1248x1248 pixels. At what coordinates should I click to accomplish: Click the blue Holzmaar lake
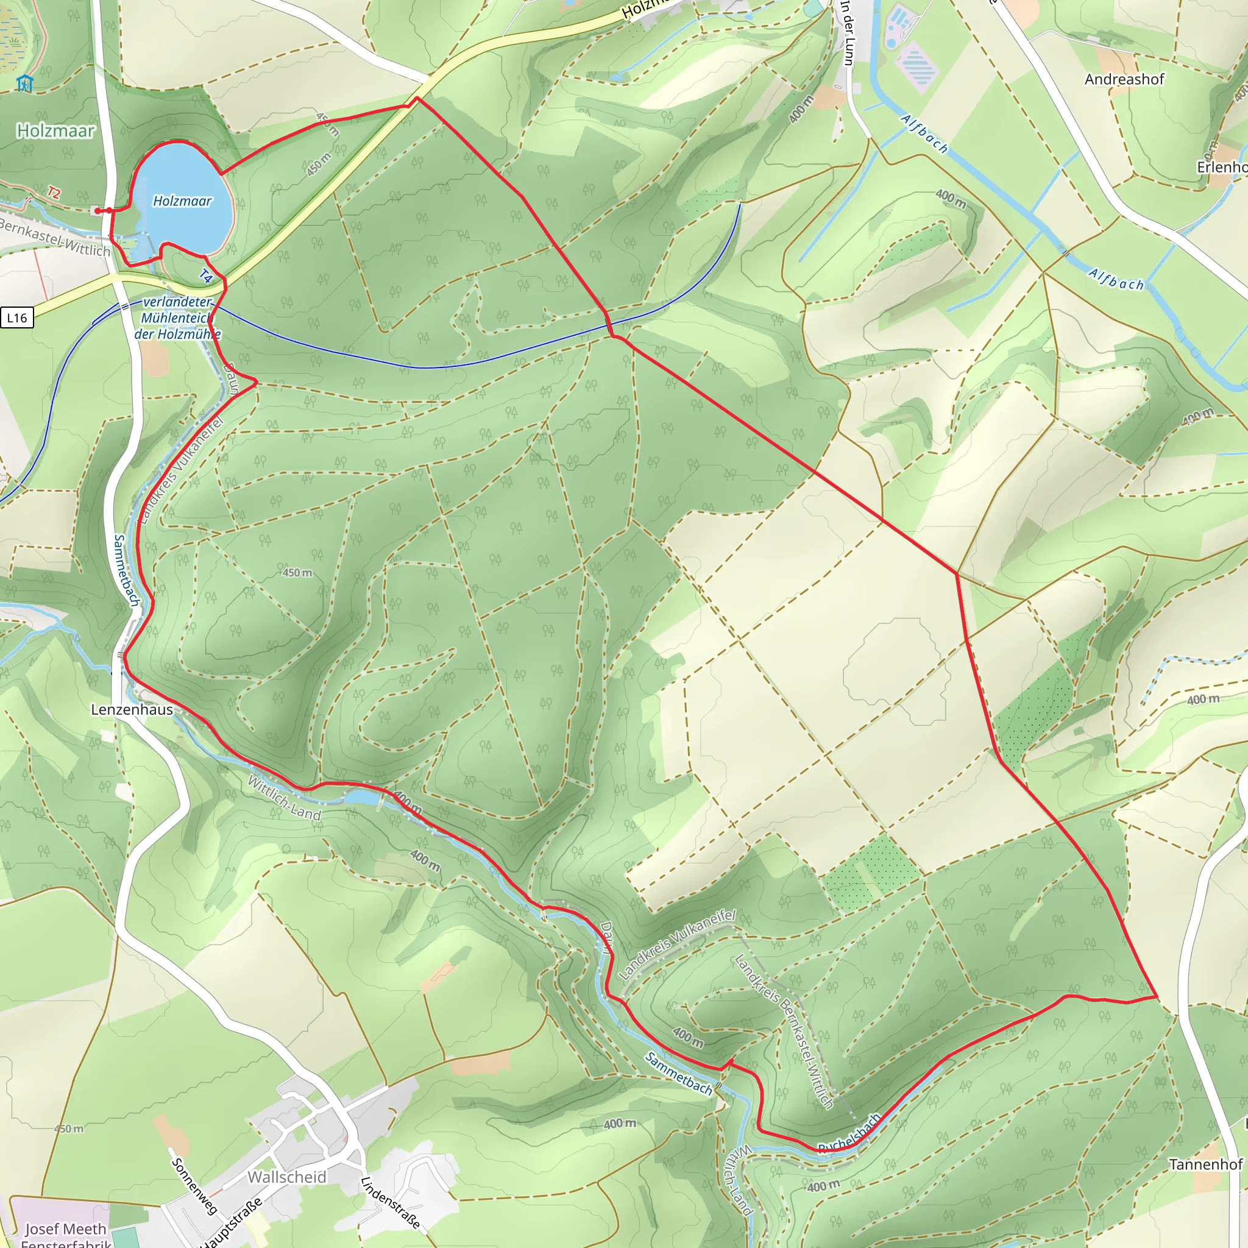(184, 200)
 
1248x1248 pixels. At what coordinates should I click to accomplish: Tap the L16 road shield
(17, 317)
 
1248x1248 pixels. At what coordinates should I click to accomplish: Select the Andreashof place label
(1124, 79)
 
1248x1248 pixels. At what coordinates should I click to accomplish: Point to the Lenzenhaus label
(132, 709)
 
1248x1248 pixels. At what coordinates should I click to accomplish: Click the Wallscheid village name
(287, 1177)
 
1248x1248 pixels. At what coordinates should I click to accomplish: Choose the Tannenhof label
(1205, 1164)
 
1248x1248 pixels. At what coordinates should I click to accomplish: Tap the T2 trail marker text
(54, 193)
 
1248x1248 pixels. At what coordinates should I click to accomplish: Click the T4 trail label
(205, 277)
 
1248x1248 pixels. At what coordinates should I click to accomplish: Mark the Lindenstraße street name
(390, 1202)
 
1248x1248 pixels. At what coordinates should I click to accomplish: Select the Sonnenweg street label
(193, 1185)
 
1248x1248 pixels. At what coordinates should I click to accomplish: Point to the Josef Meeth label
(65, 1228)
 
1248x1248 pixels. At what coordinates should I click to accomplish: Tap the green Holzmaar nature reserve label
(55, 130)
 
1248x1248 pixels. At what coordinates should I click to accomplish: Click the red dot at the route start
(97, 211)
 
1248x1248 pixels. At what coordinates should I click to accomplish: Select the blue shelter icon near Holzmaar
(24, 83)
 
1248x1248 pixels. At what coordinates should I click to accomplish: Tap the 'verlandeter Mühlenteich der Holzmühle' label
(177, 318)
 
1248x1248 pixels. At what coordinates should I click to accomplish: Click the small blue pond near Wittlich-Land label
(362, 798)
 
